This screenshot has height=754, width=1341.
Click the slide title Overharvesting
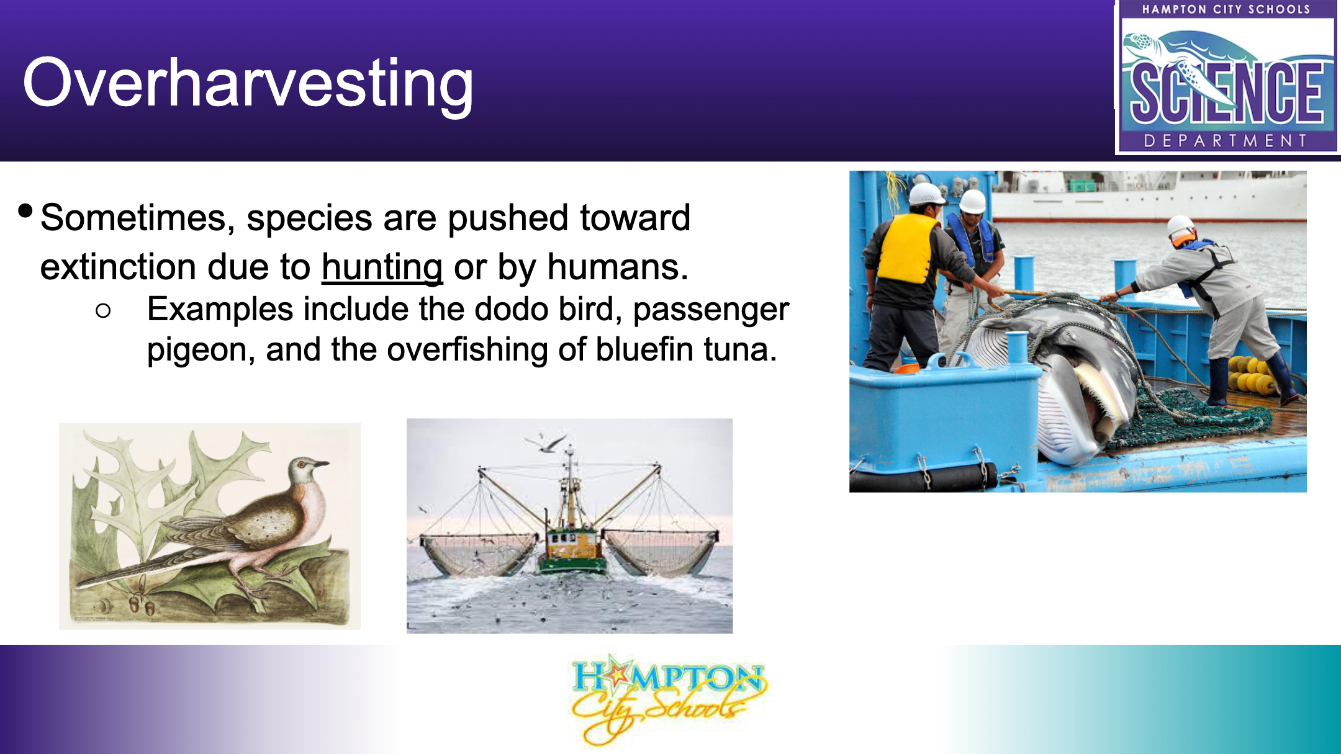pyautogui.click(x=248, y=84)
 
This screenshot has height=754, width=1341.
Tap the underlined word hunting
pyautogui.click(x=382, y=267)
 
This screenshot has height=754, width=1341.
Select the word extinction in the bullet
pyautogui.click(x=117, y=267)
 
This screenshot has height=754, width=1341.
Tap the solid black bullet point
pyautogui.click(x=25, y=211)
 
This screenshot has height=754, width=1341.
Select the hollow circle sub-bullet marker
pyautogui.click(x=103, y=311)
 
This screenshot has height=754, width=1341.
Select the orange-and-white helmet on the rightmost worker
pyautogui.click(x=1181, y=229)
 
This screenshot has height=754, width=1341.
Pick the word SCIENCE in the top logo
pyautogui.click(x=1227, y=93)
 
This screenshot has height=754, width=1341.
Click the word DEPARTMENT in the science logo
pyautogui.click(x=1226, y=141)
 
